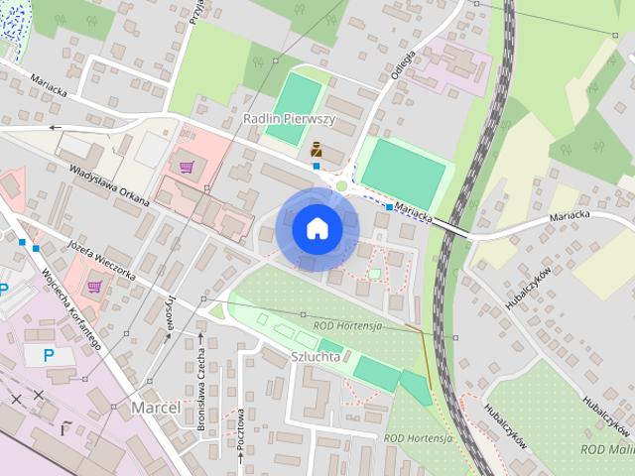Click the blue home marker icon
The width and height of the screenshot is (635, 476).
pyautogui.click(x=317, y=228)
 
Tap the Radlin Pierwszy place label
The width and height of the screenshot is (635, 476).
pyautogui.click(x=289, y=119)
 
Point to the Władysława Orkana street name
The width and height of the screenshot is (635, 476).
pyautogui.click(x=109, y=186)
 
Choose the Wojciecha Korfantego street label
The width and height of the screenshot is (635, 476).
pyautogui.click(x=71, y=309)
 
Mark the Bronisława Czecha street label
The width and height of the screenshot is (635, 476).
pyautogui.click(x=200, y=386)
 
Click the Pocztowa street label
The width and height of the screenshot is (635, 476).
pyautogui.click(x=241, y=437)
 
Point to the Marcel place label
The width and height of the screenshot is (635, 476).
pyautogui.click(x=155, y=408)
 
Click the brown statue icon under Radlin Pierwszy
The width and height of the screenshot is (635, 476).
pyautogui.click(x=317, y=150)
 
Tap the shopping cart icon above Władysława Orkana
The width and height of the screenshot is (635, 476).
pyautogui.click(x=186, y=165)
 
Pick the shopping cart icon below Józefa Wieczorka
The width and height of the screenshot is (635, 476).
pyautogui.click(x=94, y=287)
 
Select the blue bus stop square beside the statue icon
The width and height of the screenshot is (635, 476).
pyautogui.click(x=317, y=166)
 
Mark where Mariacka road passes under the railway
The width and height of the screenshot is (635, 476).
pyautogui.click(x=452, y=224)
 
